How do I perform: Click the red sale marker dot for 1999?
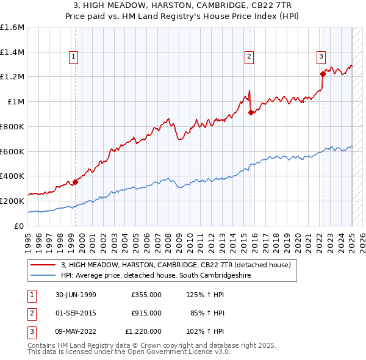[76, 181]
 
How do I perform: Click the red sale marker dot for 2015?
[251, 112]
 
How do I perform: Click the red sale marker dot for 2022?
[323, 74]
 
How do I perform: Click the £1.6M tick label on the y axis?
[12, 27]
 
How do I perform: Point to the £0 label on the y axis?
[19, 226]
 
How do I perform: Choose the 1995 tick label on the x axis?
[28, 238]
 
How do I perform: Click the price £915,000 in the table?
[146, 313]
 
